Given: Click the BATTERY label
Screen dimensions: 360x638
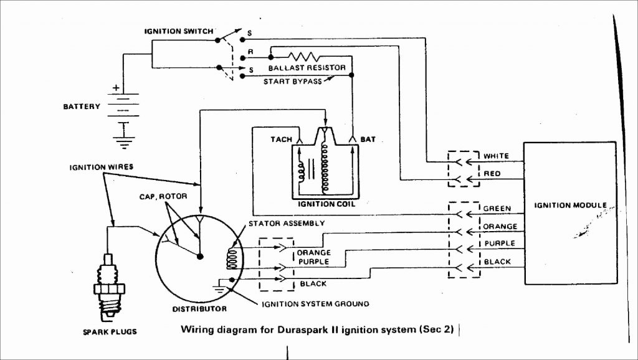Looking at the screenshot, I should click(81, 107).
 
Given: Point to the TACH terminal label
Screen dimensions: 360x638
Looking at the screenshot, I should click(281, 139).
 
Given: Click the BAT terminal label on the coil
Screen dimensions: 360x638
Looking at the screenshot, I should click(368, 139).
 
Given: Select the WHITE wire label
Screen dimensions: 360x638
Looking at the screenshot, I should click(497, 156).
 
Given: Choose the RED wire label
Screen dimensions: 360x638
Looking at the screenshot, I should click(492, 174).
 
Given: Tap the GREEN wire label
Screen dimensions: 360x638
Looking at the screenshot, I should click(497, 209).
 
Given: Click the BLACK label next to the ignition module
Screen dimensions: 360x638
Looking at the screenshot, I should click(497, 262).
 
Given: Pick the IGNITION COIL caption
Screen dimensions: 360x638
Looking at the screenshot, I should click(324, 203).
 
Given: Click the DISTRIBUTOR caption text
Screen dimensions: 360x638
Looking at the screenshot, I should click(199, 309).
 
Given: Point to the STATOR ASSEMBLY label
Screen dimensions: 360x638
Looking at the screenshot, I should click(286, 222).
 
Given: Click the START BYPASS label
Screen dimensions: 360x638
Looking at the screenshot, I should click(292, 81).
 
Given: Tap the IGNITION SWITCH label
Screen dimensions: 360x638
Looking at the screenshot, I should click(179, 31).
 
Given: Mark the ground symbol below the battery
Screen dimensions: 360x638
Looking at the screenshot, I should click(124, 142).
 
